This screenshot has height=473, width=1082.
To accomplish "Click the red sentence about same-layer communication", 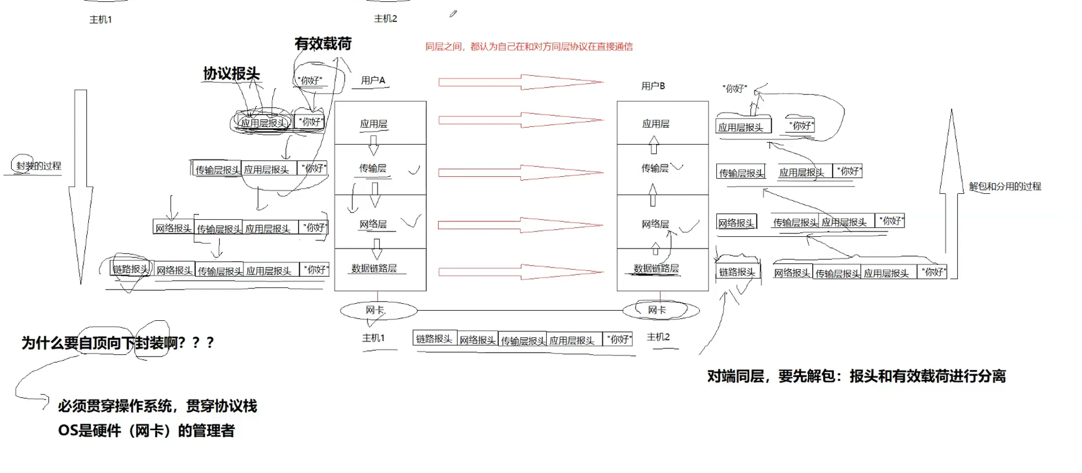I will coord(529,46).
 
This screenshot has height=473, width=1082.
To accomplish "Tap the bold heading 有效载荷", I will coord(323,43).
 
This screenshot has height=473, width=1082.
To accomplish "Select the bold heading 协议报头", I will coord(231,73).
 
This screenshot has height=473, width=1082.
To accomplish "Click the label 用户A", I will coord(373,80).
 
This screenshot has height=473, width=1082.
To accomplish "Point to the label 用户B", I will coord(653,86).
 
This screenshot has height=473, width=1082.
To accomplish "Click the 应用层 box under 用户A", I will coord(380,123).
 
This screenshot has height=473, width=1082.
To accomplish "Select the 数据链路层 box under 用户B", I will coord(662,269).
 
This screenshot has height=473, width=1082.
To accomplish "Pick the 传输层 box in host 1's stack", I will coord(380,169).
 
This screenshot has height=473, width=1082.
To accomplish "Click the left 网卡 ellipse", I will coord(378,310).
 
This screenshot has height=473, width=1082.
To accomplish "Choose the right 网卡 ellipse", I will coord(660,310).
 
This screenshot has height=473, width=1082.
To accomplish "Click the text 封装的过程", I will coord(38,166).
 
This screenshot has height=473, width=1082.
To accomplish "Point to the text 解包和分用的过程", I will coord(1005,186).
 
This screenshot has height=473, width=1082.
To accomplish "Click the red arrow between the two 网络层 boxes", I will coord(520,224).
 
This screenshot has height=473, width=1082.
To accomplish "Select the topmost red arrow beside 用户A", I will coord(520,82).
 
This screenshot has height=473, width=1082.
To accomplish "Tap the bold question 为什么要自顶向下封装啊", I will coord(118,343).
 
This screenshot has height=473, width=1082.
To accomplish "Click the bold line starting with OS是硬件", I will coord(146,431).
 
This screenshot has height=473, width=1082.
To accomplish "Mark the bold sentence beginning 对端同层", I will coord(856,376).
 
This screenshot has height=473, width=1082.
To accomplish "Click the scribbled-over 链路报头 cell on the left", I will coord(131,269).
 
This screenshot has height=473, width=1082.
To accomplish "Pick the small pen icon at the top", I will coord(453,14).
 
